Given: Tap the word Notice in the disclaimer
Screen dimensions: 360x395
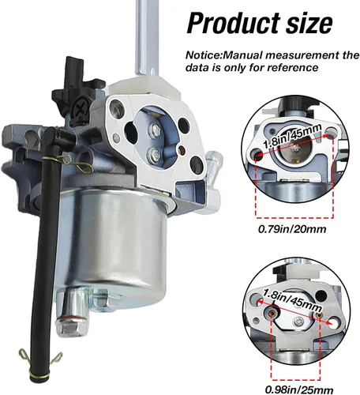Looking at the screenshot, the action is [x=201, y=55].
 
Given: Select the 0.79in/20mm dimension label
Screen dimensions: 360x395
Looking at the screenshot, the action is [x=292, y=229].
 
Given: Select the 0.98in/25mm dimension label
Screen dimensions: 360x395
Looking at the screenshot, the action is [x=299, y=390].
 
